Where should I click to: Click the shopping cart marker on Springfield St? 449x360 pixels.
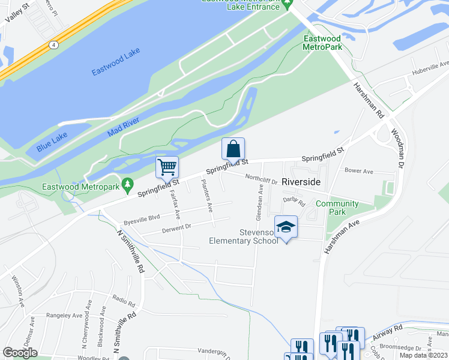click(167, 167)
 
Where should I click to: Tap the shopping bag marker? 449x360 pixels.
click(233, 148)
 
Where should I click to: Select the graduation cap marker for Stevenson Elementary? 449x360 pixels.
click(286, 227)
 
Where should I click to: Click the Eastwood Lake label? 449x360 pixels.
click(116, 62)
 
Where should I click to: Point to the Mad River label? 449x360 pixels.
click(124, 128)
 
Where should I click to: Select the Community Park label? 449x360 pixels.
click(337, 208)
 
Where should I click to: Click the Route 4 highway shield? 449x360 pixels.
click(54, 44)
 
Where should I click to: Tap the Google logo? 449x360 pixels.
click(20, 353)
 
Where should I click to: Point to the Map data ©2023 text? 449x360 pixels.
click(423, 355)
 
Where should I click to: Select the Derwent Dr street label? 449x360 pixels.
click(176, 228)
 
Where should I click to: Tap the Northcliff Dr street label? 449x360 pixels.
click(261, 178)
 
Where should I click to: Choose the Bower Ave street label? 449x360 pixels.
click(359, 171)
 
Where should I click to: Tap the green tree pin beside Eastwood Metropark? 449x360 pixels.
click(127, 185)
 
